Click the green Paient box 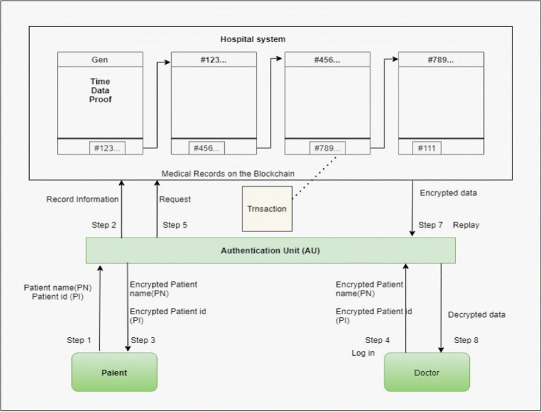(x=114, y=372)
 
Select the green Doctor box (x=426, y=372)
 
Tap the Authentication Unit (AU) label (x=270, y=250)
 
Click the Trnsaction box (x=267, y=208)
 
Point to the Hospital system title (x=252, y=39)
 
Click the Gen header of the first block (x=100, y=60)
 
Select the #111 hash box (x=426, y=148)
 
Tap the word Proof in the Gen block (x=100, y=99)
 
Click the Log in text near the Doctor (x=363, y=353)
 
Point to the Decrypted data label (x=477, y=314)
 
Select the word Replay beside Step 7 (x=467, y=225)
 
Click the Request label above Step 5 (x=175, y=199)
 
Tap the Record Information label (x=82, y=199)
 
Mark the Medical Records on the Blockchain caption (x=228, y=174)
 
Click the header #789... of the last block (x=441, y=60)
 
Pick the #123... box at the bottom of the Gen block (x=107, y=148)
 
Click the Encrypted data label (x=448, y=193)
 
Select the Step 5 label (x=175, y=225)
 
